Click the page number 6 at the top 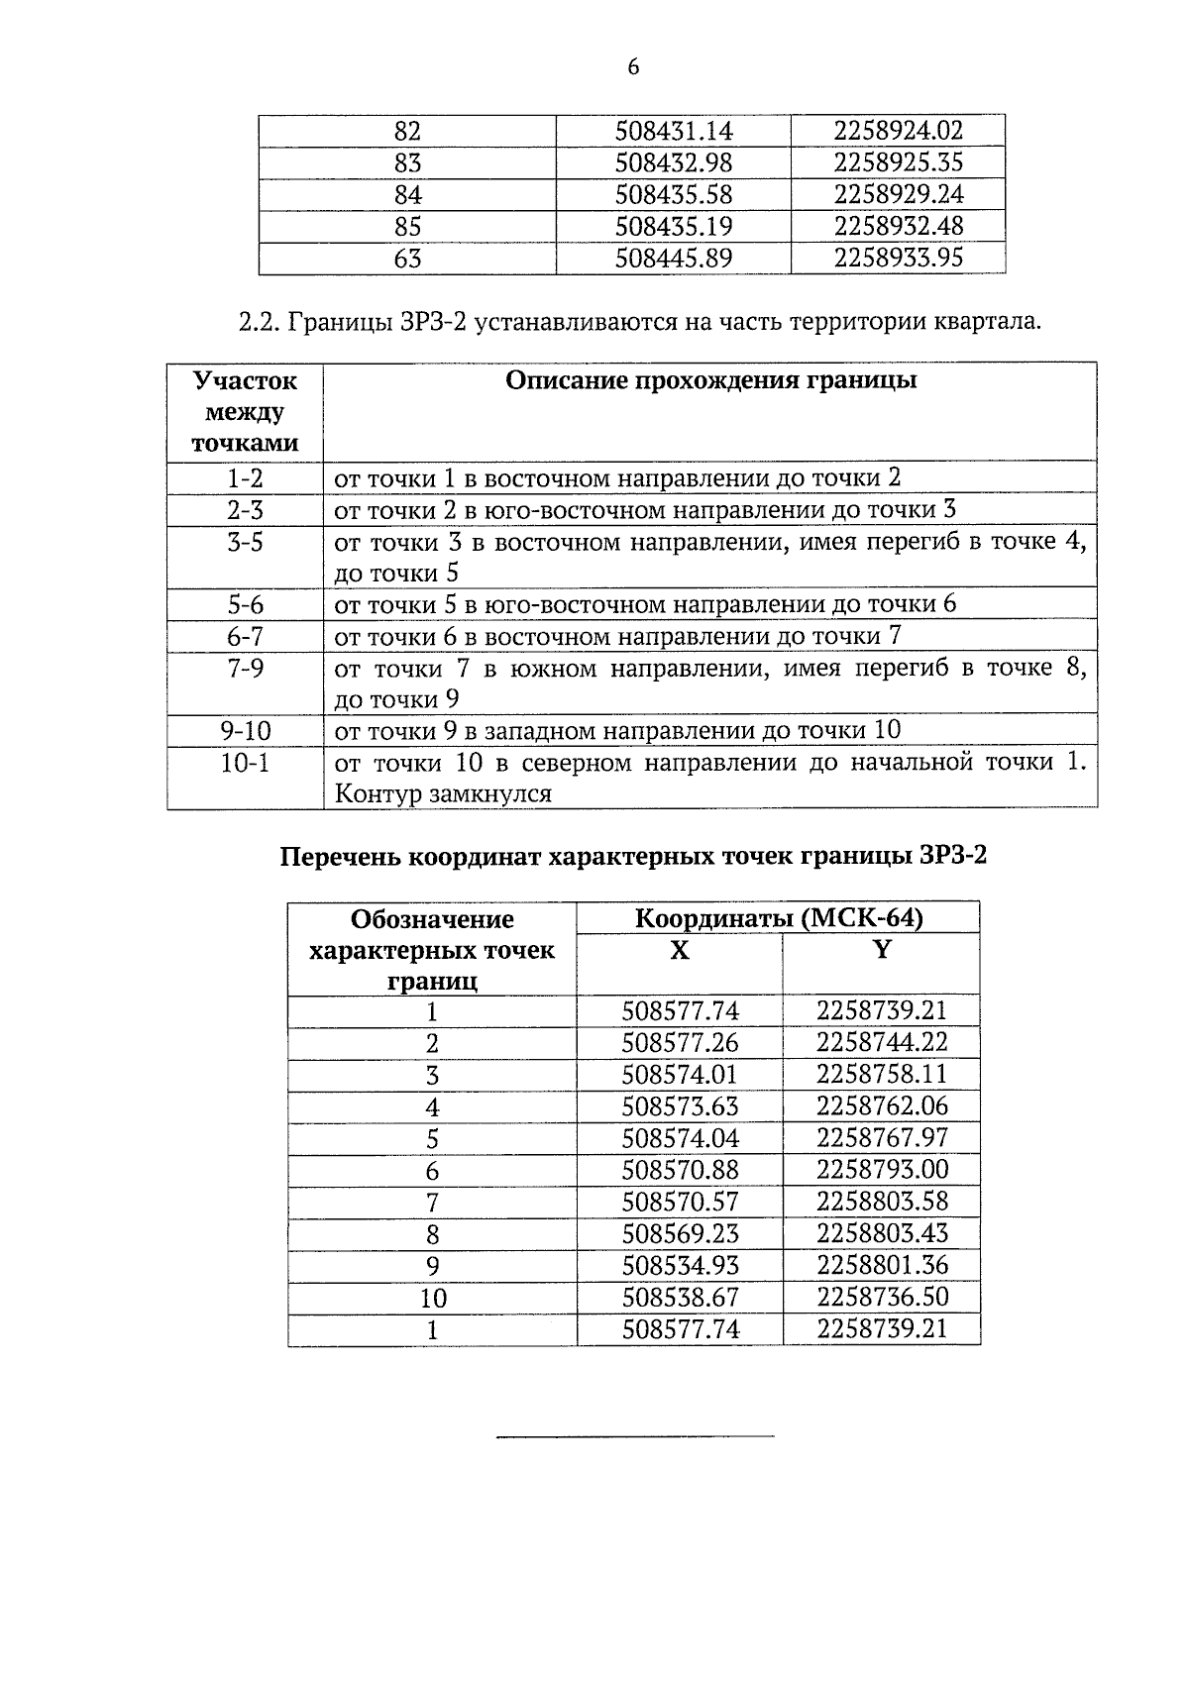click(x=633, y=67)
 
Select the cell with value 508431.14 click(x=674, y=131)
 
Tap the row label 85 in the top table click(x=407, y=227)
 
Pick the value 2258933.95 click(x=898, y=259)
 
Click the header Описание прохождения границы click(x=710, y=381)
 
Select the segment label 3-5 click(x=245, y=543)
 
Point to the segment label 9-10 click(x=245, y=731)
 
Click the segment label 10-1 click(x=245, y=764)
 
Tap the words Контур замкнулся click(x=443, y=794)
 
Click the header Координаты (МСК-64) click(x=778, y=918)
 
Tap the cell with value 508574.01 click(x=680, y=1075)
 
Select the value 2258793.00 click(x=882, y=1170)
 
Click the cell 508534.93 click(x=680, y=1266)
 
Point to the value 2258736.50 click(x=882, y=1298)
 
